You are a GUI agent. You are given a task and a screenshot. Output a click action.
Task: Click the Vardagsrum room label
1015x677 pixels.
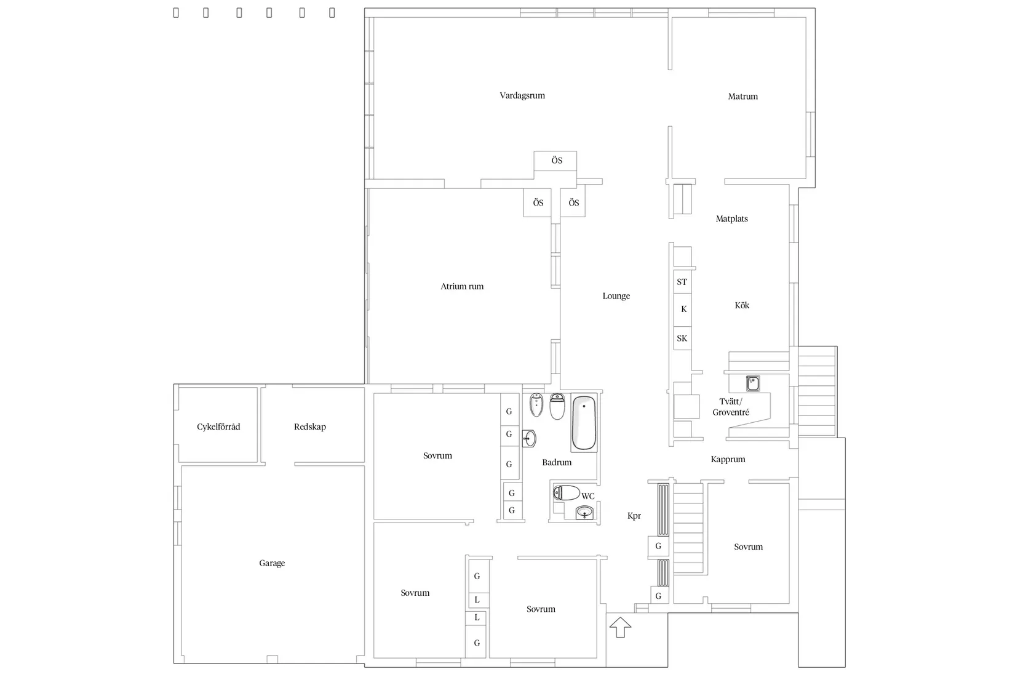click(522, 95)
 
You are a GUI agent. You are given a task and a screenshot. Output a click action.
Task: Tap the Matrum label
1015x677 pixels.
click(742, 96)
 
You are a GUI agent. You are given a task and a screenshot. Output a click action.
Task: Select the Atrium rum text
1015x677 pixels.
click(462, 286)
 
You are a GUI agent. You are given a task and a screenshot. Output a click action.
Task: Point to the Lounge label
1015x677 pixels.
click(616, 296)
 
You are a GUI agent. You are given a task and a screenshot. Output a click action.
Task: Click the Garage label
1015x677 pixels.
click(272, 563)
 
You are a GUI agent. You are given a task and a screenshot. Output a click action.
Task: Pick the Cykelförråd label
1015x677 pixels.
click(218, 427)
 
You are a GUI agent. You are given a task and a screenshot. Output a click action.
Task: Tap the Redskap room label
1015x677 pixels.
click(310, 427)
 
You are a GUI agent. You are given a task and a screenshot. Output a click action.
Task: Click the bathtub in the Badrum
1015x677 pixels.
click(584, 423)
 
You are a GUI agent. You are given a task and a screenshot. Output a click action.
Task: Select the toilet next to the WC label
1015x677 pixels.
click(567, 493)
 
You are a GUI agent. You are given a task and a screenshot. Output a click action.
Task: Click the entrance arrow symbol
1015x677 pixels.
click(620, 627)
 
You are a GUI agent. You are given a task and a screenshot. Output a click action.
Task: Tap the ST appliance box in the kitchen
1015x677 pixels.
click(682, 282)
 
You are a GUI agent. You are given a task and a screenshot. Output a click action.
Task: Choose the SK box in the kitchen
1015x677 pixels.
click(682, 338)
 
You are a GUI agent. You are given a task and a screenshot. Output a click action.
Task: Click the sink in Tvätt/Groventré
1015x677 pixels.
click(753, 383)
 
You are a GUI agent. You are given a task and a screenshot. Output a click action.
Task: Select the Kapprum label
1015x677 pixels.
click(728, 459)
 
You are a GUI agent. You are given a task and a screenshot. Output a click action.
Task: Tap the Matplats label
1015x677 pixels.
click(732, 218)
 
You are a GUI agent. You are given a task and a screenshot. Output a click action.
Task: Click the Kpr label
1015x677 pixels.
click(634, 516)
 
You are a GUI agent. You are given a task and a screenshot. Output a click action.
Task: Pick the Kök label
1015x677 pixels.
click(742, 305)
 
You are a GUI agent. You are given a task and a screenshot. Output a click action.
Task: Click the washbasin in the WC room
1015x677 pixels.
click(584, 513)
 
